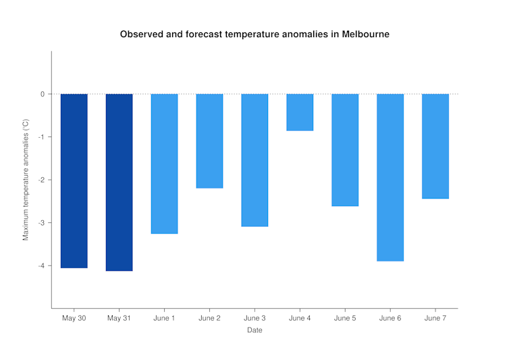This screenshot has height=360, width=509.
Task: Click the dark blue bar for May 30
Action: click(74, 181)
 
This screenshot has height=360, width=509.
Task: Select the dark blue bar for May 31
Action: click(119, 182)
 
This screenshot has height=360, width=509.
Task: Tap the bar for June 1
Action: click(164, 163)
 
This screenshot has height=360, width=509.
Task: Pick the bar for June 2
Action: click(209, 141)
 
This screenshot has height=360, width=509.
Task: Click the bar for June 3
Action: click(254, 160)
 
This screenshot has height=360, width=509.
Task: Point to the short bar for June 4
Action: click(300, 112)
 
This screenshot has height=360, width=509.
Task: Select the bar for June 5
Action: click(345, 150)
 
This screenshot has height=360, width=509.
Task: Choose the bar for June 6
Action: click(390, 177)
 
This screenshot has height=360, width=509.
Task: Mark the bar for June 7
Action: click(435, 146)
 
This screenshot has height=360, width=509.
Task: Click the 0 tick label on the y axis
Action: click(42, 94)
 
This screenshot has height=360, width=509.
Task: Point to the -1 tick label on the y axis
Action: click(41, 137)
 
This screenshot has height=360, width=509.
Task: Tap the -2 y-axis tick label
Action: click(41, 180)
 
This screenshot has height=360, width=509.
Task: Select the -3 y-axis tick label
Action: click(41, 223)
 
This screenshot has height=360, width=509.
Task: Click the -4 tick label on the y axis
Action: click(41, 265)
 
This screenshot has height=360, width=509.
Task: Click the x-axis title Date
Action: click(254, 330)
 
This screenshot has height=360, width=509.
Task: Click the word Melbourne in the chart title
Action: click(365, 34)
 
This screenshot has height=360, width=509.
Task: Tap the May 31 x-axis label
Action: click(119, 318)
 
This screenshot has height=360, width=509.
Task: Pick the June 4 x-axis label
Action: click(300, 318)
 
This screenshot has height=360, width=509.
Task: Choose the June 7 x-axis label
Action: click(435, 318)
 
